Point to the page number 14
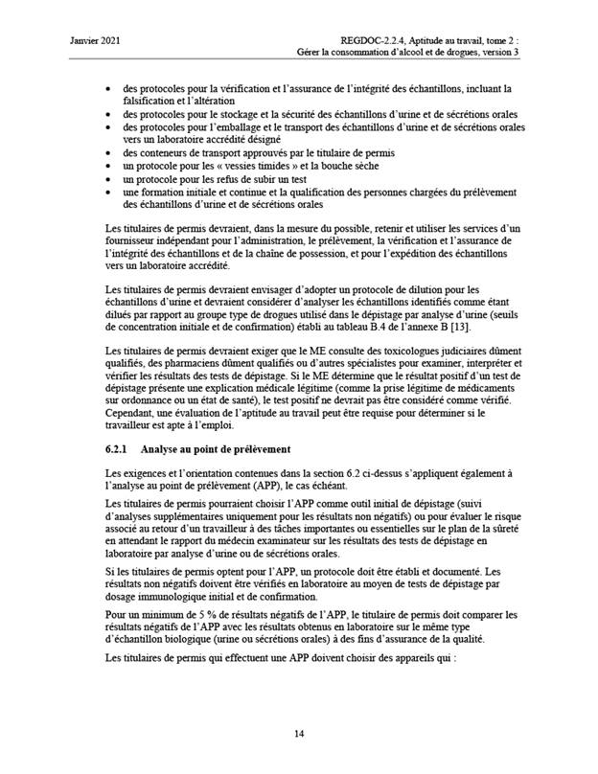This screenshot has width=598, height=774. click(299, 733)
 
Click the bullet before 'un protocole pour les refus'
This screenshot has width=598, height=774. click(107, 178)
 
